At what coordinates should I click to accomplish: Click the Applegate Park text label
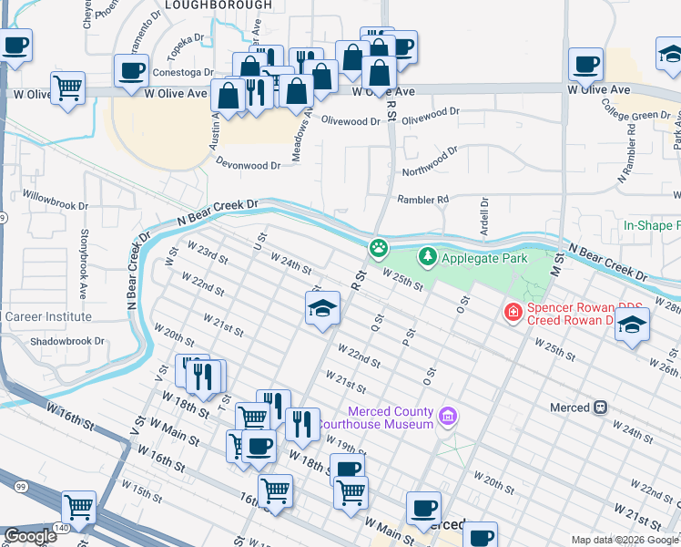point(484,258)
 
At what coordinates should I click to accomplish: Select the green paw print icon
point(378,247)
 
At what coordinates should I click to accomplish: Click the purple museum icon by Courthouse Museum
point(447,418)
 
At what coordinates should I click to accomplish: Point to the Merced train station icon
point(600,408)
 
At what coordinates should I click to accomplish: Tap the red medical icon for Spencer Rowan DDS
point(513,313)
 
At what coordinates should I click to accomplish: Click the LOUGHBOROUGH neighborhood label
point(219,5)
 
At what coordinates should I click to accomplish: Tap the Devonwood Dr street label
point(249,166)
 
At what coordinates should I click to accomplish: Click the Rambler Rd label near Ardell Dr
point(422,200)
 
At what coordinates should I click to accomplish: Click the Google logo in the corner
point(30,536)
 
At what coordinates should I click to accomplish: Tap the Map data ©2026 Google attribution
point(624,540)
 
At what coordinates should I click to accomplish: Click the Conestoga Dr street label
point(183,72)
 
